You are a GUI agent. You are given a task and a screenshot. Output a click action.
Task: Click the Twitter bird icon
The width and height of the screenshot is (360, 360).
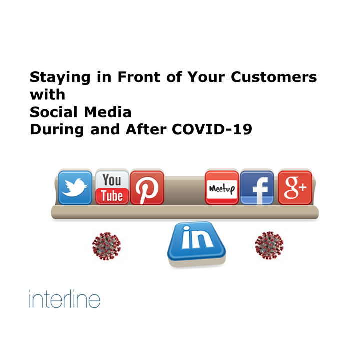[75, 187]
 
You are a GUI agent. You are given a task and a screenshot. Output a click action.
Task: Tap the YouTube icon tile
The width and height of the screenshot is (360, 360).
[112, 187]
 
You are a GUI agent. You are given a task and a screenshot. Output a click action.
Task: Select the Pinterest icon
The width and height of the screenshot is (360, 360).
[147, 187]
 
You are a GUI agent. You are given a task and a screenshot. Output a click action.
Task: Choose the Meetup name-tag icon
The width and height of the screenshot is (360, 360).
[222, 187]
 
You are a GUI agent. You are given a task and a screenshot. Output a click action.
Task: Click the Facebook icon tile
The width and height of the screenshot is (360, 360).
[257, 187]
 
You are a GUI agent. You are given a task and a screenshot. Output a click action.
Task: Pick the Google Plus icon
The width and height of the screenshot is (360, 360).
[295, 187]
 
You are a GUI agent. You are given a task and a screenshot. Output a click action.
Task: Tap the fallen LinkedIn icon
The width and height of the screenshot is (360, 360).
[197, 244]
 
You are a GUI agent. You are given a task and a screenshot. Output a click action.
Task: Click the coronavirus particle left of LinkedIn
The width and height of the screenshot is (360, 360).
[107, 246]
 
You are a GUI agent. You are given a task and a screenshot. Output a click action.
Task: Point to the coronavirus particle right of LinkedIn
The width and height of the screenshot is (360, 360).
[269, 245]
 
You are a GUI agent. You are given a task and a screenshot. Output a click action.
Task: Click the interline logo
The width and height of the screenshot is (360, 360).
[64, 298]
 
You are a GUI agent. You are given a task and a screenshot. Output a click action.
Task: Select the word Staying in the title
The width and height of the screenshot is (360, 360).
[60, 78]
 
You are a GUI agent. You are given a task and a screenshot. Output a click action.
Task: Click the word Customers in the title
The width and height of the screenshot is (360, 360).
[274, 77]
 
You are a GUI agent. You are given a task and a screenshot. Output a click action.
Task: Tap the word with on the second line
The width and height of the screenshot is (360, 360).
[48, 94]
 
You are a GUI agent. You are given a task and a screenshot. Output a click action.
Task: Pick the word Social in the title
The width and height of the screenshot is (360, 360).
[54, 112]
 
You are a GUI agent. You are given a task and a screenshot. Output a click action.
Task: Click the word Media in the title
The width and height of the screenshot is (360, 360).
[108, 112]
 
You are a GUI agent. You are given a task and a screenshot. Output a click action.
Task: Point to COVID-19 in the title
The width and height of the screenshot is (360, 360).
[212, 129]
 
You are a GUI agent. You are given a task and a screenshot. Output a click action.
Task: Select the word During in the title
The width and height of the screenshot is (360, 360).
[57, 130]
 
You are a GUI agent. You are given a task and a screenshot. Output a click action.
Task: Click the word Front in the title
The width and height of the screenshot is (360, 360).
[139, 77]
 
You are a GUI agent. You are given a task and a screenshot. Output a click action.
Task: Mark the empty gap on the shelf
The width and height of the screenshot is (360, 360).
[185, 190]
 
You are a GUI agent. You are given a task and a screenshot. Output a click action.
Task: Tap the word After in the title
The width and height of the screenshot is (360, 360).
[146, 129]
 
